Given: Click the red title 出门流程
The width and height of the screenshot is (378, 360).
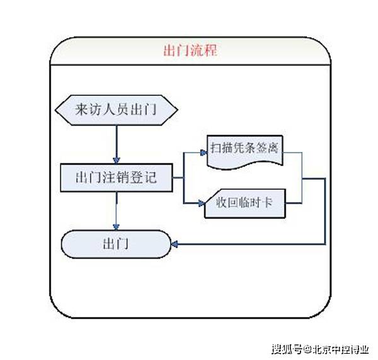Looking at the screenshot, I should click(190, 51).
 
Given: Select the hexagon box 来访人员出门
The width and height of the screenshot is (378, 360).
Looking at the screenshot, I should click(116, 110).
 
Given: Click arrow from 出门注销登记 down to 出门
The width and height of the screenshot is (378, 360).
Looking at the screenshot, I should click(116, 211).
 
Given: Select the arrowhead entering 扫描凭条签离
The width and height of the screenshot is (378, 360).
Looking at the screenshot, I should click(203, 152).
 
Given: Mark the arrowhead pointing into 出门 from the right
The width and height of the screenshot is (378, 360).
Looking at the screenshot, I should click(176, 243).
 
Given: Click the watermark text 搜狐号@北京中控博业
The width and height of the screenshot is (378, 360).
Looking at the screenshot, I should click(321, 348).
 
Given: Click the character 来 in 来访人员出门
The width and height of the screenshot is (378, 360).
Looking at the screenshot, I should click(81, 110).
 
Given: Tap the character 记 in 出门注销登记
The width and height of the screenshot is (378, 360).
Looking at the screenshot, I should click(149, 178).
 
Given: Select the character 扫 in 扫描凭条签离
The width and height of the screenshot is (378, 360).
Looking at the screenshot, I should click(217, 148).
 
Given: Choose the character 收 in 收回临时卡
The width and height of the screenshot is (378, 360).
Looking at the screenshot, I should click(222, 204).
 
